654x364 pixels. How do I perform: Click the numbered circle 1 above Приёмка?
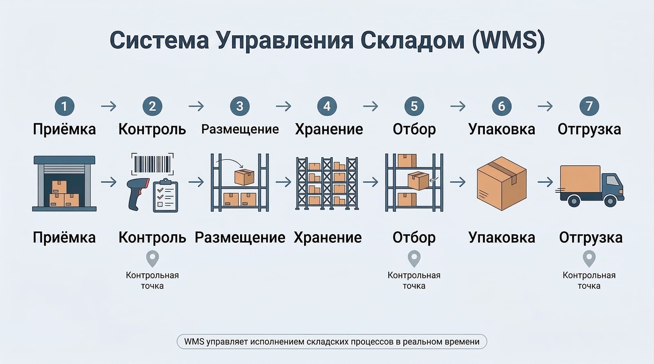click(x=64, y=106)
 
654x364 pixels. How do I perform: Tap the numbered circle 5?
click(x=414, y=106)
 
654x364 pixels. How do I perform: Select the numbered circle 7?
click(x=589, y=106)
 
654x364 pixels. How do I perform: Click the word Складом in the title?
click(x=412, y=40)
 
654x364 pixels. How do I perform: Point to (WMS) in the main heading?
click(x=508, y=40)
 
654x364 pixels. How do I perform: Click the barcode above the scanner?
click(x=152, y=164)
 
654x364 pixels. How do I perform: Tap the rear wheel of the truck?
click(x=574, y=200)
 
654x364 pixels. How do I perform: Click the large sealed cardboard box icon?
click(x=502, y=183)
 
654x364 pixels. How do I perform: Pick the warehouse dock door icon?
click(x=64, y=183)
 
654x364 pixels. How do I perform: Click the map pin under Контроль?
click(x=152, y=258)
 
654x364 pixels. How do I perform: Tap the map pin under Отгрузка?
click(x=589, y=258)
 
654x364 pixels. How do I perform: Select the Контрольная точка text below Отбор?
click(x=414, y=280)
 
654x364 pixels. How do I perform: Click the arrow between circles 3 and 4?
click(x=283, y=107)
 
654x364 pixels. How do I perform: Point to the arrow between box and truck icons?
click(x=545, y=182)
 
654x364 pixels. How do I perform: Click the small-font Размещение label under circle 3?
click(x=240, y=129)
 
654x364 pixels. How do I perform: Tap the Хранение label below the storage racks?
click(x=327, y=237)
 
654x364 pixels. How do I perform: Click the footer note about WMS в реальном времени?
click(x=331, y=342)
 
